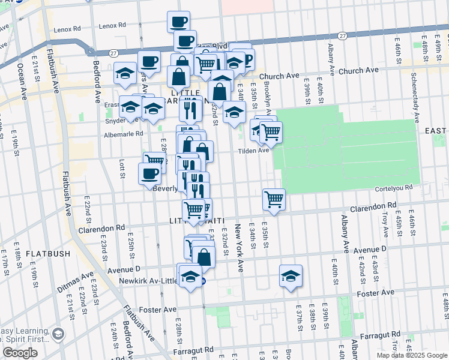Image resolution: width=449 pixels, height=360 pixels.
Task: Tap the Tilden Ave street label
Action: point(255,151)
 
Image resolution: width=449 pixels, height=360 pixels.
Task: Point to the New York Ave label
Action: point(238,248)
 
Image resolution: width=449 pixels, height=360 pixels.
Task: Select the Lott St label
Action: point(122,169)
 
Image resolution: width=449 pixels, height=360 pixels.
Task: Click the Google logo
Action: point(20,352)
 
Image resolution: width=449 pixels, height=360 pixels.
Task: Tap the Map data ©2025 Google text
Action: point(412,355)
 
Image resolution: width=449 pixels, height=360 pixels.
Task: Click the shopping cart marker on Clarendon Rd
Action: point(274,199)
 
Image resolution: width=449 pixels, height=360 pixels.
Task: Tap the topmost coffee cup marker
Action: point(178,22)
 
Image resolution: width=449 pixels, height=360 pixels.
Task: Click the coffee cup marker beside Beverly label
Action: point(149,174)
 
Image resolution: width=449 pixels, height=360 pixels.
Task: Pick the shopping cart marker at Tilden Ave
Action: point(271,132)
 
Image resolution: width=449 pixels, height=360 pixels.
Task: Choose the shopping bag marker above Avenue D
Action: point(204,257)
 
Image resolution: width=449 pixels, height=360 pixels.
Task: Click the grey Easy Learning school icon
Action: point(58,334)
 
